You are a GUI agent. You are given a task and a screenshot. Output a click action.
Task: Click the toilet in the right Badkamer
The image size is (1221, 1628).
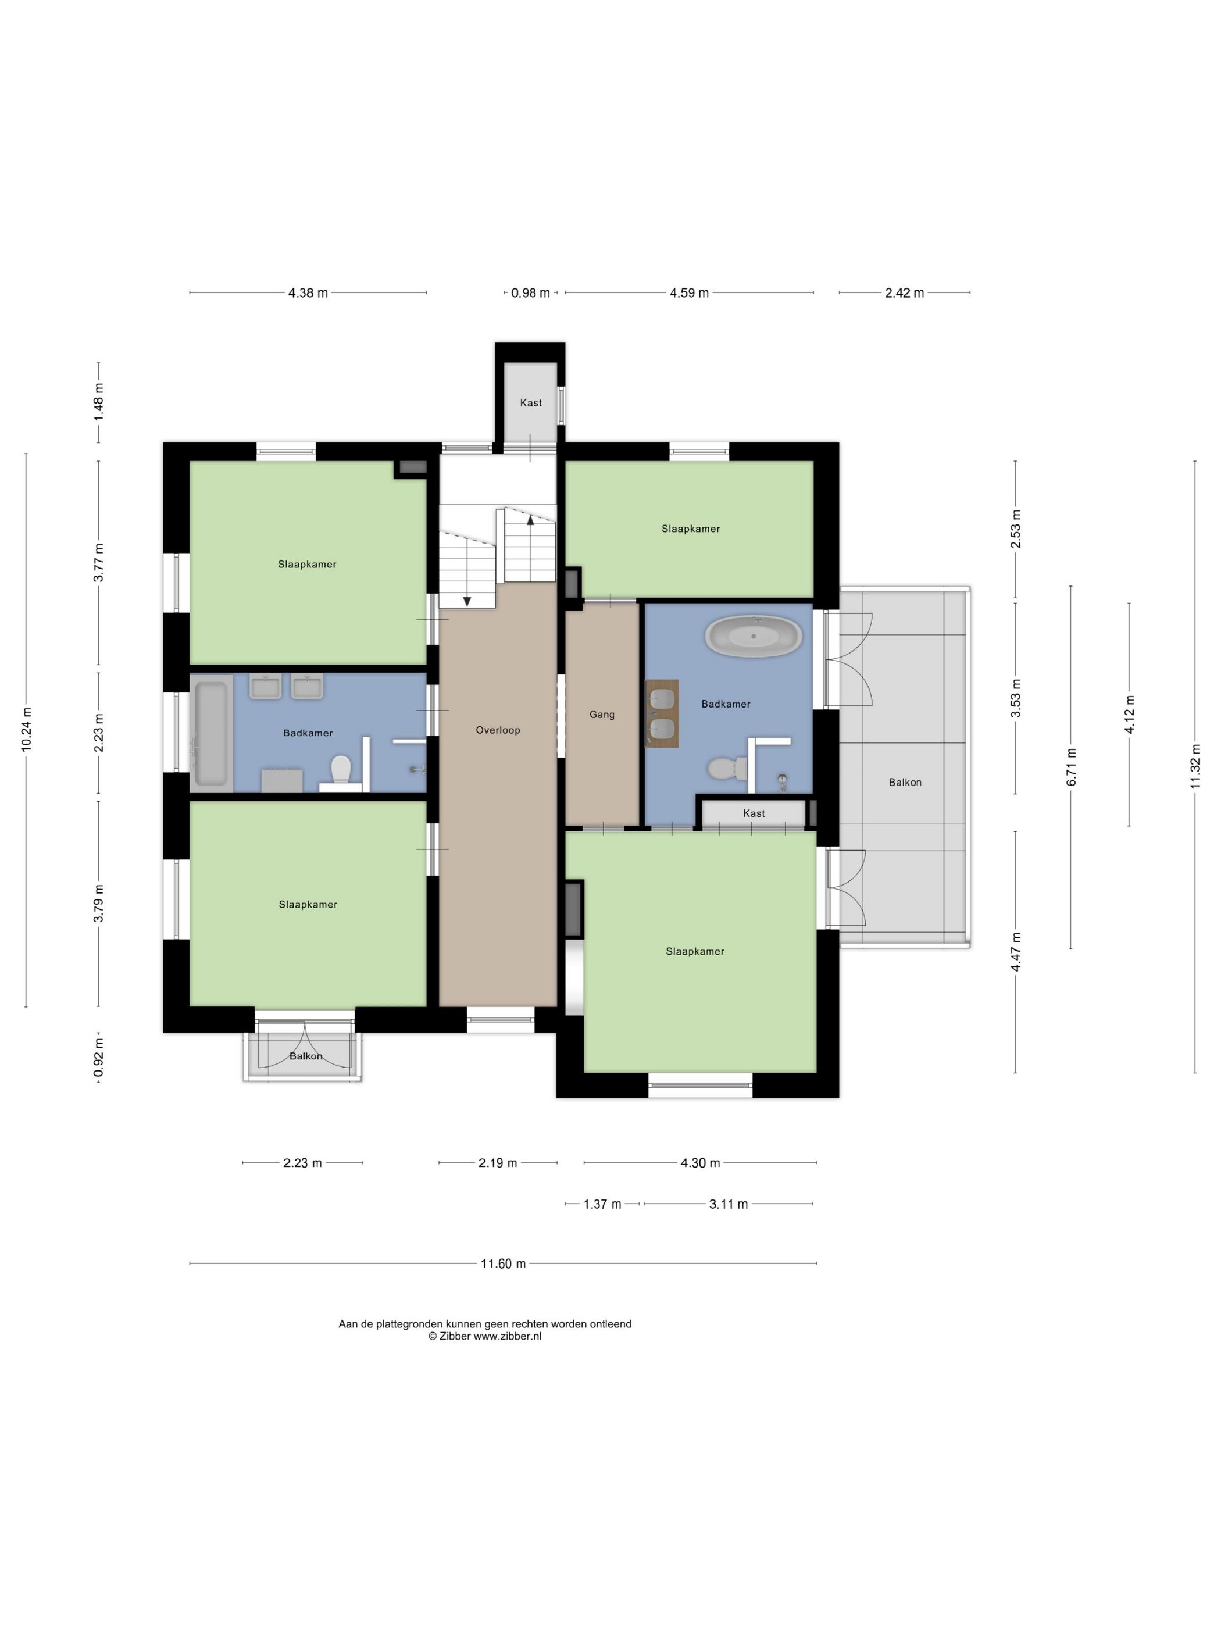click(x=722, y=769)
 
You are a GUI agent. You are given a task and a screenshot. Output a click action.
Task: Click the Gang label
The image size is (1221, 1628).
click(x=601, y=714)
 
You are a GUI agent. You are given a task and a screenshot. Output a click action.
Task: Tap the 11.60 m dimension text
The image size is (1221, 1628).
click(x=503, y=1263)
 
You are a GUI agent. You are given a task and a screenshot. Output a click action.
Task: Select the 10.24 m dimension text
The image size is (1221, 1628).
click(x=27, y=729)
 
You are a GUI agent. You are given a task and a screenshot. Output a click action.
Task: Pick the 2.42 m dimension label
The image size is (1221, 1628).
click(x=904, y=293)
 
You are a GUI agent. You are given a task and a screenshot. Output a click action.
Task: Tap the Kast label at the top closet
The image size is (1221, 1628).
click(x=531, y=402)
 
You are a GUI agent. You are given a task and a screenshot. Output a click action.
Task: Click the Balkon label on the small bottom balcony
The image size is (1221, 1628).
click(x=305, y=1056)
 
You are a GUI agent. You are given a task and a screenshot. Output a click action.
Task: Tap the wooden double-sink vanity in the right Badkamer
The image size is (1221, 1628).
click(x=662, y=713)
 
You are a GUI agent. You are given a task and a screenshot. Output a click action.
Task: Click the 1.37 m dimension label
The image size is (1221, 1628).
click(x=602, y=1204)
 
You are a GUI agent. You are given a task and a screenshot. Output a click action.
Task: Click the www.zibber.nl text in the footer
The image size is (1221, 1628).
click(x=507, y=1336)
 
